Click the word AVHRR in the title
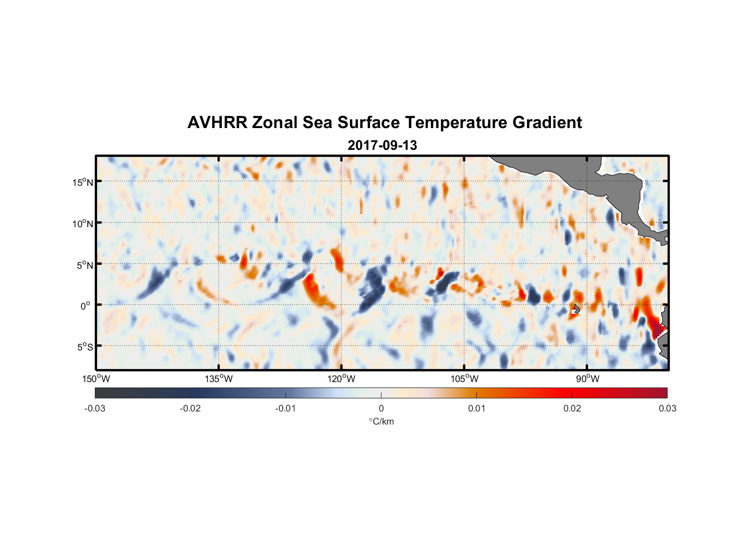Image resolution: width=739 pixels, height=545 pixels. [x=217, y=123]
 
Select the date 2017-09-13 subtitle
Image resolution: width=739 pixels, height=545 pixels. [x=382, y=146]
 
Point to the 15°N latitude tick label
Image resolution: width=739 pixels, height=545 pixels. [x=83, y=182]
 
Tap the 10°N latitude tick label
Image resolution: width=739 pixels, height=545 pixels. [x=83, y=223]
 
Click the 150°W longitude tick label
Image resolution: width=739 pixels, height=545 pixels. [x=96, y=379]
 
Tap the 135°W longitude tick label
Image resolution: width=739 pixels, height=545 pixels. [x=219, y=379]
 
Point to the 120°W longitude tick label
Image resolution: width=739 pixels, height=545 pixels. [x=341, y=379]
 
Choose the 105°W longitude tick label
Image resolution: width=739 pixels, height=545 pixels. [x=464, y=379]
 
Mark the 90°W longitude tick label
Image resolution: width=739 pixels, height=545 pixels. [x=587, y=379]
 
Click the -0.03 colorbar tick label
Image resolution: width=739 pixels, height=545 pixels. [x=95, y=409]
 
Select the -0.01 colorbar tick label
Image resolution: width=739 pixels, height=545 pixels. [x=286, y=409]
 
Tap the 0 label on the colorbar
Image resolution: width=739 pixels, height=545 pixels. [x=381, y=409]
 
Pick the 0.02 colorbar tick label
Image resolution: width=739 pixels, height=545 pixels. [x=572, y=409]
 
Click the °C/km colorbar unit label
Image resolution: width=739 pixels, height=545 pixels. [x=381, y=421]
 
